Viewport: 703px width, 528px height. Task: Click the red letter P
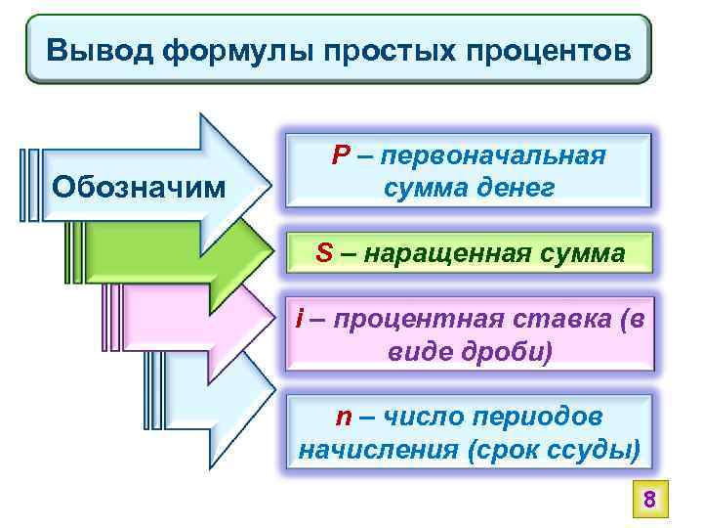(340, 156)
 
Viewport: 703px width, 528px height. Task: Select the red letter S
(325, 253)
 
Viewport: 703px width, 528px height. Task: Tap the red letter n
(343, 418)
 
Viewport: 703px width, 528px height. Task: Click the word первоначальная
(495, 156)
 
